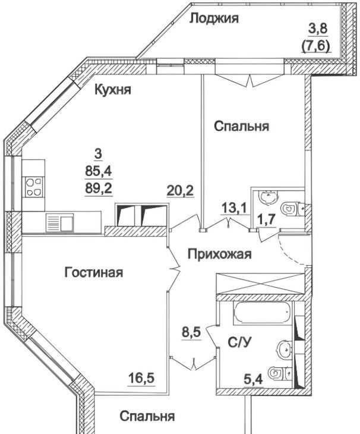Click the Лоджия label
pyautogui.click(x=214, y=19)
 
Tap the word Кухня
pyautogui.click(x=113, y=90)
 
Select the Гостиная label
pyautogui.click(x=94, y=273)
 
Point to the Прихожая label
pyautogui.click(x=220, y=254)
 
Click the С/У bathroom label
pyautogui.click(x=240, y=342)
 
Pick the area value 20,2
pyautogui.click(x=180, y=190)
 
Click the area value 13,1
pyautogui.click(x=235, y=207)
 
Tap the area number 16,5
pyautogui.click(x=142, y=378)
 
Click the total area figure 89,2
pyautogui.click(x=99, y=189)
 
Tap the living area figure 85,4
pyautogui.click(x=99, y=172)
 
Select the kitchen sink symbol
pyautogui.click(x=60, y=222)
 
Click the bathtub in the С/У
pyautogui.click(x=263, y=313)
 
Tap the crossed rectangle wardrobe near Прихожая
pyautogui.click(x=260, y=284)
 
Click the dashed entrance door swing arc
pyautogui.click(x=289, y=253)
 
